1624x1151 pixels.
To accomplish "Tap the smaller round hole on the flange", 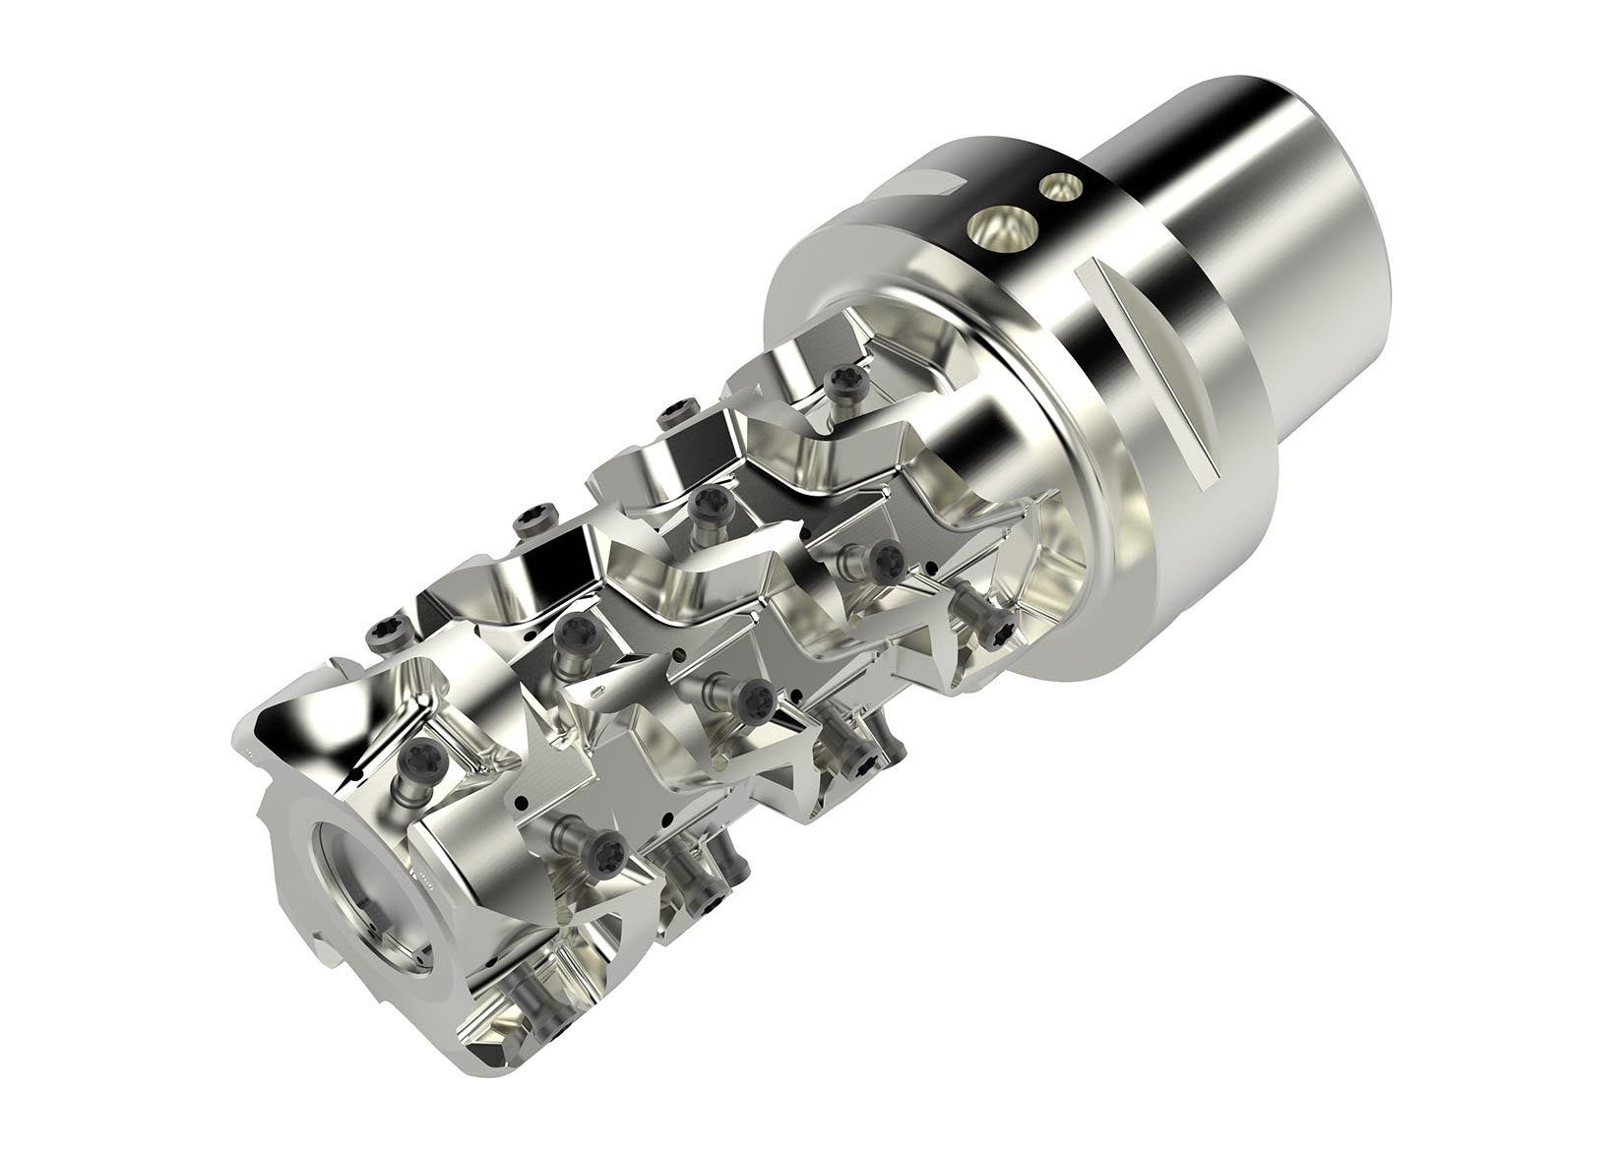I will coord(1060,186).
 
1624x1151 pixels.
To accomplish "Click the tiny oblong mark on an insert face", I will coord(601,693).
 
